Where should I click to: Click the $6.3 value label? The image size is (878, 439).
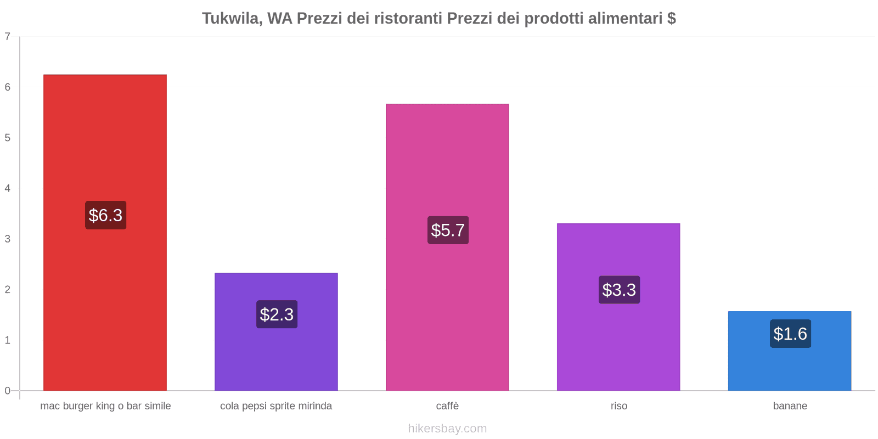point(105,215)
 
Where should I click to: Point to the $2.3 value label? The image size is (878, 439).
point(277,314)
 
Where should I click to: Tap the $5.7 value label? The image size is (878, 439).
point(448,230)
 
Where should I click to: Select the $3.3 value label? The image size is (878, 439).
point(619,290)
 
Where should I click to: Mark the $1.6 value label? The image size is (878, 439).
point(790,334)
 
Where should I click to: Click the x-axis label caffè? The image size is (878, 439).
point(447,406)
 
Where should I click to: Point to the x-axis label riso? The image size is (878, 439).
point(618,406)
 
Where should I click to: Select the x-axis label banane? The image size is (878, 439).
point(790,406)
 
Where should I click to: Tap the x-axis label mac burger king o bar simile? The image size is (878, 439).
point(105,406)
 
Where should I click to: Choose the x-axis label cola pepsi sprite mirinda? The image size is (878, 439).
point(276,406)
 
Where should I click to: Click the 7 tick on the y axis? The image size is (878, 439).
point(8,37)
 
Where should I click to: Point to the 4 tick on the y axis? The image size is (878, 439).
point(8,189)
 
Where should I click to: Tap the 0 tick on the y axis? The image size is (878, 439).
point(8,391)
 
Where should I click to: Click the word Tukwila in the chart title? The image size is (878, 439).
point(231,19)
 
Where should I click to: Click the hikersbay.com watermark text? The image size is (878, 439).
point(447,429)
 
